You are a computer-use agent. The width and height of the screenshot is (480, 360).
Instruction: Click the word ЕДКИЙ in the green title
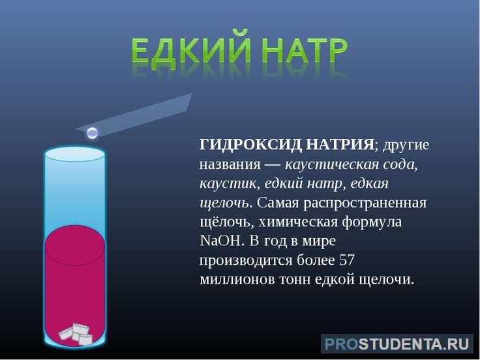tap(192, 50)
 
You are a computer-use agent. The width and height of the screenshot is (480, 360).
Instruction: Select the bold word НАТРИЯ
tap(340, 145)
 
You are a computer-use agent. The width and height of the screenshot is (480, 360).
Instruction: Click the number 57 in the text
tap(347, 260)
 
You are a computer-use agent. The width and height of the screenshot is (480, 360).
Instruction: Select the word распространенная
tap(365, 203)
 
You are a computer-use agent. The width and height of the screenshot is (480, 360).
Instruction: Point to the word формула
tap(372, 222)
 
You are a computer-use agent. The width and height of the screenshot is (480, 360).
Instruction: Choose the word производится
tap(246, 261)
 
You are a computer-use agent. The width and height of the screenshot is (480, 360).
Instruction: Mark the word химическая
tap(298, 222)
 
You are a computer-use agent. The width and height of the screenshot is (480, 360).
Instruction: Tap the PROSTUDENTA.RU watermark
tap(397, 344)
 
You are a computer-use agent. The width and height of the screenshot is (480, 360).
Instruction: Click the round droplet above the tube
tap(92, 133)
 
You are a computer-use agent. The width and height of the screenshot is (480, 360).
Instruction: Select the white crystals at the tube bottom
tap(75, 334)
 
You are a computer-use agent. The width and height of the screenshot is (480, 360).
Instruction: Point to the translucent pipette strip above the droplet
tap(135, 115)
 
